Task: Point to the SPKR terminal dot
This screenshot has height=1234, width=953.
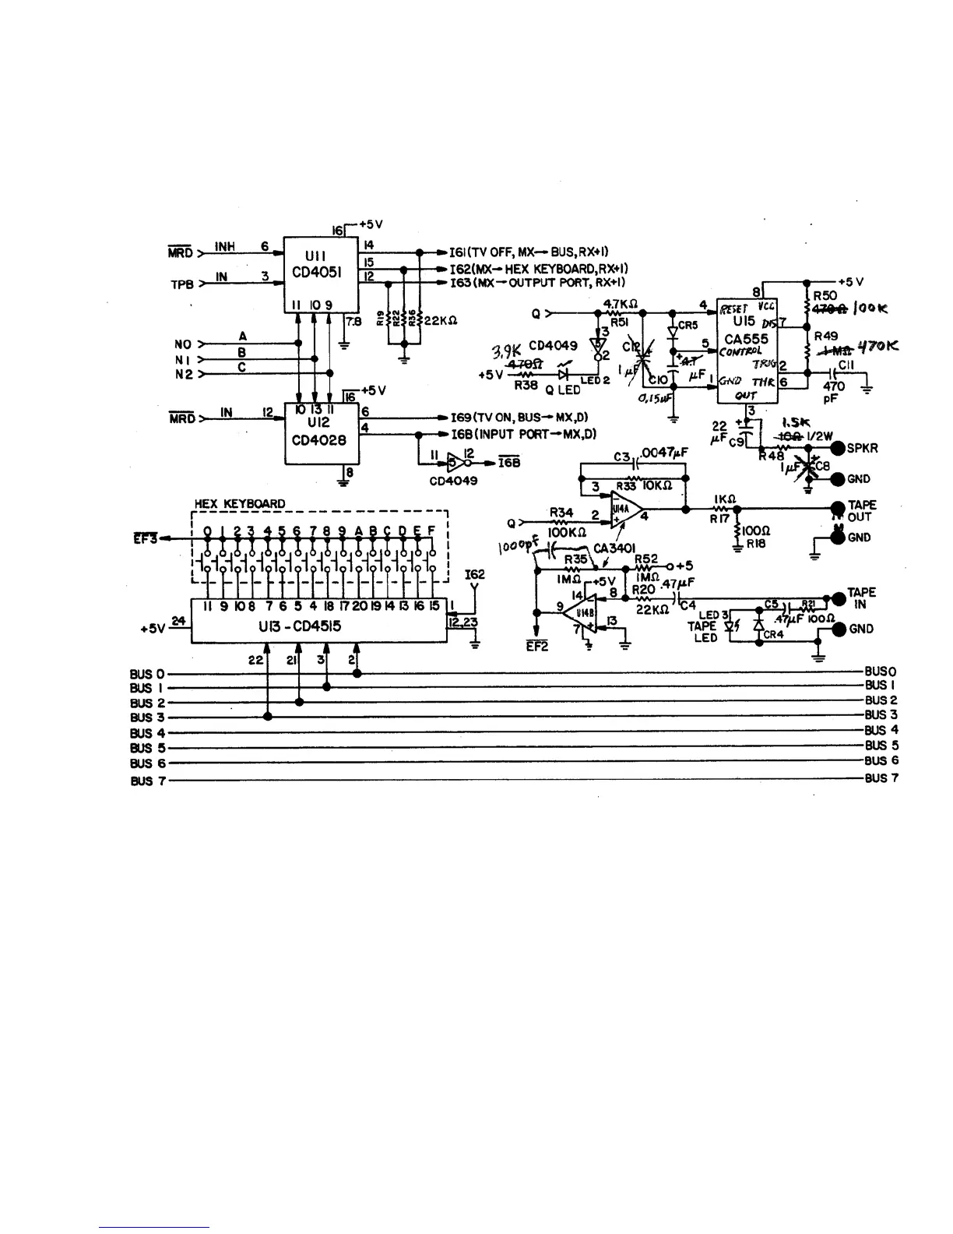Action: pos(839,449)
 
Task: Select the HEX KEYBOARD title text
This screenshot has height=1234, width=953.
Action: pos(240,503)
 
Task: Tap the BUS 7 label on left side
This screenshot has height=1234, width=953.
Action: pos(147,780)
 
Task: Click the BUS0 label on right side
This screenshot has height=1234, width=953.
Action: pos(881,672)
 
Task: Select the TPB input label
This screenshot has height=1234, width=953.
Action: pos(181,284)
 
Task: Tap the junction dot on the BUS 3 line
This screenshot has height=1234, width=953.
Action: pos(268,717)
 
